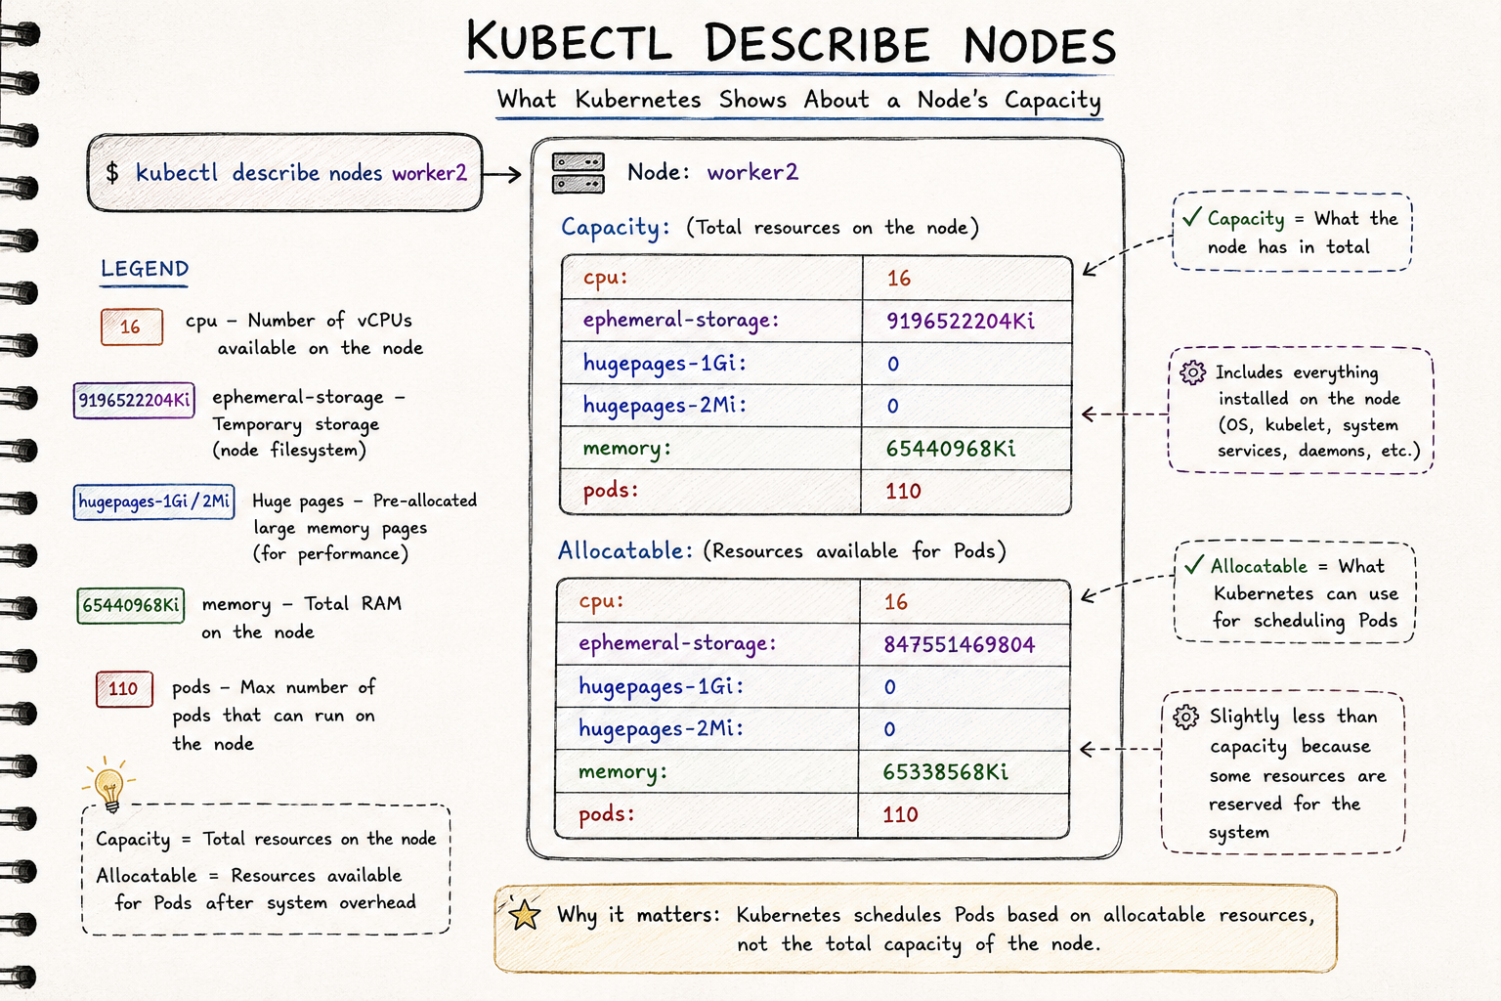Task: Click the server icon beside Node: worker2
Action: tap(579, 173)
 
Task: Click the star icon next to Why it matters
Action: tap(524, 914)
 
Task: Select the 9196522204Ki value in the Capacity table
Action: tap(961, 322)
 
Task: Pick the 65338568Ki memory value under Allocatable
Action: tap(946, 771)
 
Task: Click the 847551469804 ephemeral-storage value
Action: tap(959, 644)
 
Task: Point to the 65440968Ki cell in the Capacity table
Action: tap(951, 448)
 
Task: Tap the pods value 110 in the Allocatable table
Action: tap(900, 814)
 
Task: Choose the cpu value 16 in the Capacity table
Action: tap(899, 279)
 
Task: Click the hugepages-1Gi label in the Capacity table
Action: tap(665, 364)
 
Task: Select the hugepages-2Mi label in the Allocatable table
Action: tap(661, 729)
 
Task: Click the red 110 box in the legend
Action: tap(124, 688)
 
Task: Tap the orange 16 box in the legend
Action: tap(131, 326)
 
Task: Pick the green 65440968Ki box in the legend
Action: tap(131, 605)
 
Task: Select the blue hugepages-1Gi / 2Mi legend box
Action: tap(154, 501)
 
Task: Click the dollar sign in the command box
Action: tap(112, 173)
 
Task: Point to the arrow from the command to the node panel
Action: tap(501, 175)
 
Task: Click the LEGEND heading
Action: tap(145, 269)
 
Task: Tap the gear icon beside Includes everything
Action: tap(1193, 372)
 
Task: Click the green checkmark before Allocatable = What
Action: tap(1194, 565)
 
